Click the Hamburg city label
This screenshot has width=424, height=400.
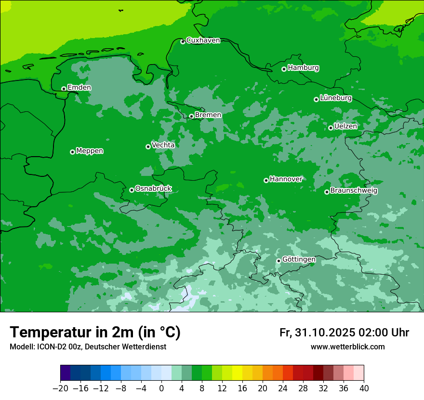click(x=303, y=68)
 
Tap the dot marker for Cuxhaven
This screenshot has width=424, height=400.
click(x=183, y=41)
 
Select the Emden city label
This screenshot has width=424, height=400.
click(x=79, y=88)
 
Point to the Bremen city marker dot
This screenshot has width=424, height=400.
click(x=191, y=116)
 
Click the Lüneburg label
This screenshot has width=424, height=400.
click(x=335, y=98)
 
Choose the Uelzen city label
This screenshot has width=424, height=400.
click(x=345, y=126)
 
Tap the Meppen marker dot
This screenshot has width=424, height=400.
click(x=72, y=152)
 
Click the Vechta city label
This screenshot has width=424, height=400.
click(x=163, y=145)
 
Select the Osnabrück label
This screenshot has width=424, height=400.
click(x=153, y=188)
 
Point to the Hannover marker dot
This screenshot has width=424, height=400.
click(x=266, y=180)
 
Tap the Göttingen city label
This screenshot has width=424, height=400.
click(x=299, y=260)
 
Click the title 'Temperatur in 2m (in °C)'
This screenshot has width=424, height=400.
click(x=95, y=333)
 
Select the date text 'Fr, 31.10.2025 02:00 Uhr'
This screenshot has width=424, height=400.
click(x=344, y=333)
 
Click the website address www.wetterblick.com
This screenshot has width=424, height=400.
click(x=347, y=347)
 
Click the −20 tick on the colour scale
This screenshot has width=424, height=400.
click(x=60, y=388)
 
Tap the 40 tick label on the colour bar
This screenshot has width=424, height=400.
click(x=364, y=388)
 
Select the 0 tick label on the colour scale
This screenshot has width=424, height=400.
click(x=161, y=388)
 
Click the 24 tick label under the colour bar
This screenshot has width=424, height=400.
click(x=283, y=388)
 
